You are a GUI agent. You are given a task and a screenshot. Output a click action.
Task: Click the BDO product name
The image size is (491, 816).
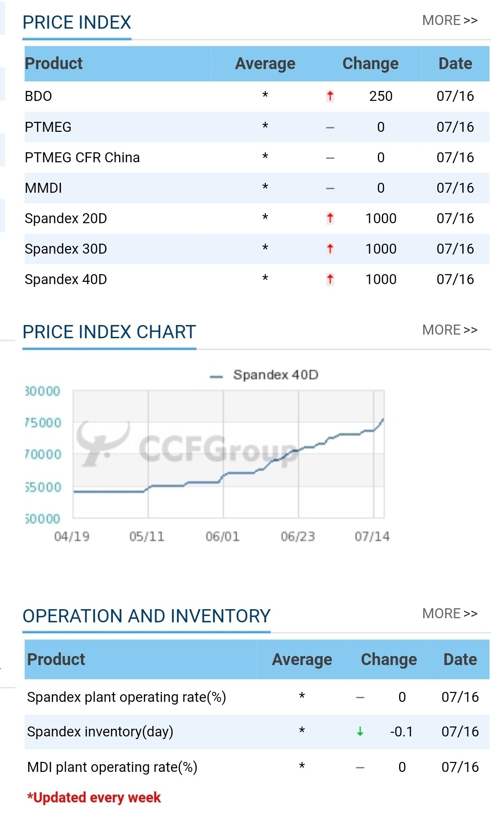(38, 96)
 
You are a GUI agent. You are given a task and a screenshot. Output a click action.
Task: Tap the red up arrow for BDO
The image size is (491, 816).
(330, 96)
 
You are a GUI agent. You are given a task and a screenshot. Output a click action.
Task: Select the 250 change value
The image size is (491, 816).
(381, 96)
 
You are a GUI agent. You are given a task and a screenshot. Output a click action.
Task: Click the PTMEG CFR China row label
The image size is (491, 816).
(82, 158)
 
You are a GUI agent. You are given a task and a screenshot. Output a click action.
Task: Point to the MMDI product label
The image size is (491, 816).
(43, 188)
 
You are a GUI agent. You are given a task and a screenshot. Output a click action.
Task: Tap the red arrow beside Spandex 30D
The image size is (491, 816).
(330, 249)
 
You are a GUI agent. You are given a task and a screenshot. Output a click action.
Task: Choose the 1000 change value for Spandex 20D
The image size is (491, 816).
(381, 219)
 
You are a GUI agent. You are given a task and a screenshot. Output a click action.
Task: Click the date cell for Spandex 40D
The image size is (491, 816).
(455, 280)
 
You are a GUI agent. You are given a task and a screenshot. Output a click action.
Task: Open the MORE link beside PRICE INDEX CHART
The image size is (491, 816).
(450, 330)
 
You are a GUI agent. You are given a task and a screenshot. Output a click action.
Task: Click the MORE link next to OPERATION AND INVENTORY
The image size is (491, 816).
(450, 614)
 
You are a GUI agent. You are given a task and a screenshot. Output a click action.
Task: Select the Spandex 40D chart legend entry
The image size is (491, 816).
(264, 375)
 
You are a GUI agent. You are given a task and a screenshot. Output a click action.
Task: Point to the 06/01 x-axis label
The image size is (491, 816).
(223, 537)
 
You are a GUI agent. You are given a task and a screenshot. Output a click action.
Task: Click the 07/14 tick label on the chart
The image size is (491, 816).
(372, 537)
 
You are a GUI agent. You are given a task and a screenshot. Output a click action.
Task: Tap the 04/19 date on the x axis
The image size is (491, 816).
(72, 537)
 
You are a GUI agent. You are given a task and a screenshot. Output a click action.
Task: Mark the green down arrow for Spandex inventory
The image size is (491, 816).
(360, 731)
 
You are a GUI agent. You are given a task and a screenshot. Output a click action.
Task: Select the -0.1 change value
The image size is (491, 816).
(401, 732)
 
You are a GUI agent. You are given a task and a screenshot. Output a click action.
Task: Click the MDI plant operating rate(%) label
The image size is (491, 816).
(112, 767)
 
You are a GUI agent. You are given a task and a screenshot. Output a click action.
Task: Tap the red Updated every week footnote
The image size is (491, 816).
(94, 798)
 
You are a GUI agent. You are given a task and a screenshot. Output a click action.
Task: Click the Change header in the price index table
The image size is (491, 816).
(370, 64)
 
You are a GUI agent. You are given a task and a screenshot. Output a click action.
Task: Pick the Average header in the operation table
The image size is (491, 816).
(302, 660)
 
